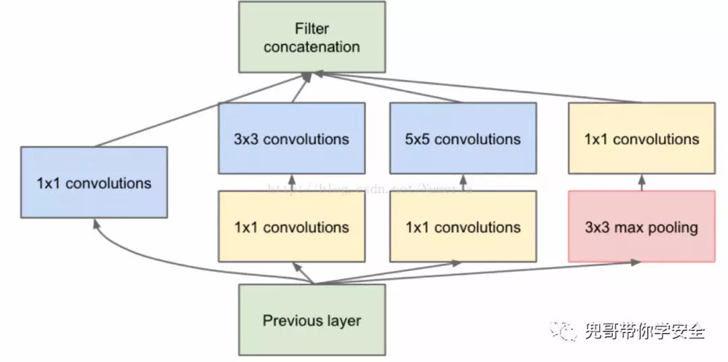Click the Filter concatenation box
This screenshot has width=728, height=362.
(x=312, y=38)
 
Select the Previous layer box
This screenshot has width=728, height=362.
(x=312, y=320)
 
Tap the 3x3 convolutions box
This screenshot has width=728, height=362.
(x=291, y=139)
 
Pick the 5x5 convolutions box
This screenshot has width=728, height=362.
(x=463, y=139)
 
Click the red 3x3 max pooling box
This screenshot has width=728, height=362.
(x=641, y=227)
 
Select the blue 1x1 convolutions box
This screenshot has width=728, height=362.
(x=94, y=182)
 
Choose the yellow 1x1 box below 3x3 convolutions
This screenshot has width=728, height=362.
(x=291, y=227)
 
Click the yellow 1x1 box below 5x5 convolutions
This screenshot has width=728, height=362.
(x=463, y=227)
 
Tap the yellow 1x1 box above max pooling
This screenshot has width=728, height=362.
(x=641, y=139)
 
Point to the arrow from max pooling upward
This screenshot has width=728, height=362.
(x=641, y=182)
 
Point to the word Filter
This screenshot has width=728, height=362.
(x=311, y=28)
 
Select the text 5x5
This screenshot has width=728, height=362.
(x=418, y=139)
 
